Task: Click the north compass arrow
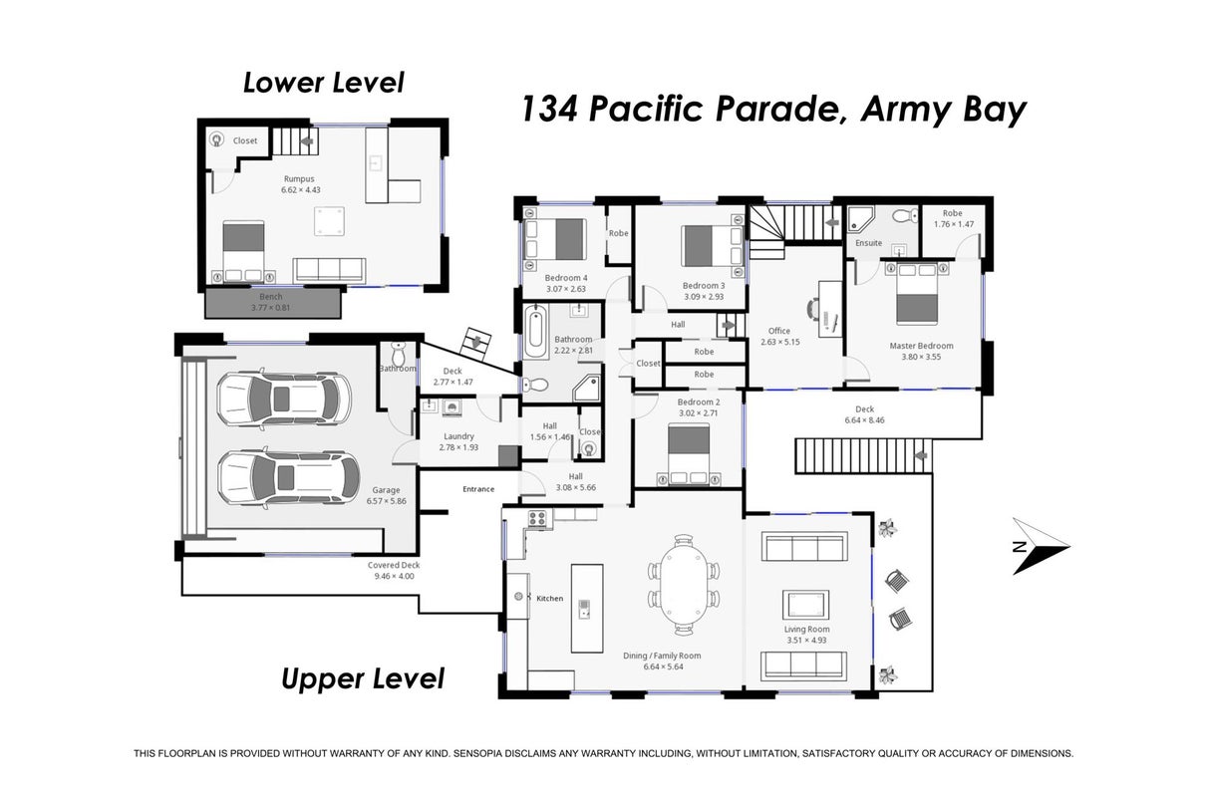(1041, 547)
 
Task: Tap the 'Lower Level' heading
(324, 83)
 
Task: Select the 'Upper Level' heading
(363, 678)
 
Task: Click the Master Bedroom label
(921, 346)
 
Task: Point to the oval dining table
(684, 584)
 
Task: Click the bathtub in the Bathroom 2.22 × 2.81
(536, 327)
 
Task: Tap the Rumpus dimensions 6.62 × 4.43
(300, 189)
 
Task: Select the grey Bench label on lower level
(271, 296)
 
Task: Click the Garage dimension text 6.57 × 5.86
(386, 500)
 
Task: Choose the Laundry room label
(458, 436)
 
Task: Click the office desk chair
(812, 310)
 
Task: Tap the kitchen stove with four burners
(537, 518)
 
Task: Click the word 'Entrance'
(478, 488)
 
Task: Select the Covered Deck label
(394, 565)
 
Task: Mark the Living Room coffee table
(805, 604)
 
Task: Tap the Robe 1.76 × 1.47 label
(954, 218)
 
